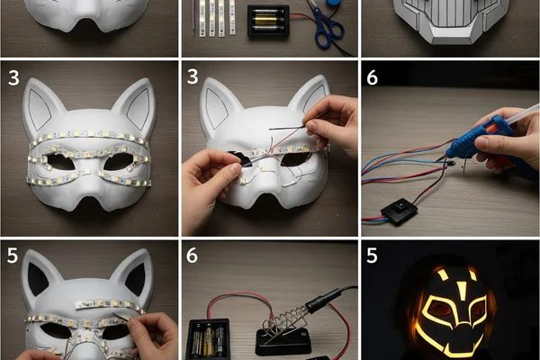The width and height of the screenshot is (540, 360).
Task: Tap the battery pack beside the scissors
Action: [268, 22]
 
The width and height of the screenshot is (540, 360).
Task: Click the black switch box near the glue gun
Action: [400, 211]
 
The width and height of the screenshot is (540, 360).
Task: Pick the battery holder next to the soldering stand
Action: [208, 338]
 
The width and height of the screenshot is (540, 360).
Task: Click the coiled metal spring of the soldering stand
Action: [286, 321]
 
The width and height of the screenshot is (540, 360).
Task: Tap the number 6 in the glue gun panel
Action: [372, 78]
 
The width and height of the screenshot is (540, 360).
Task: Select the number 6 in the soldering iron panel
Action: [193, 256]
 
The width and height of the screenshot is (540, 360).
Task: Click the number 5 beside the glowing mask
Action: [372, 256]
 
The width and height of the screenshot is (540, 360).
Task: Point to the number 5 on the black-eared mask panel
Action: [12, 256]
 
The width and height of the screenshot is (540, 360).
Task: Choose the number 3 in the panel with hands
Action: [193, 76]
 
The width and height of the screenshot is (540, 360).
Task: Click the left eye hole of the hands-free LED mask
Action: [60, 162]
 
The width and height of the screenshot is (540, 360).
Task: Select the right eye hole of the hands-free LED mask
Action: [118, 161]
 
